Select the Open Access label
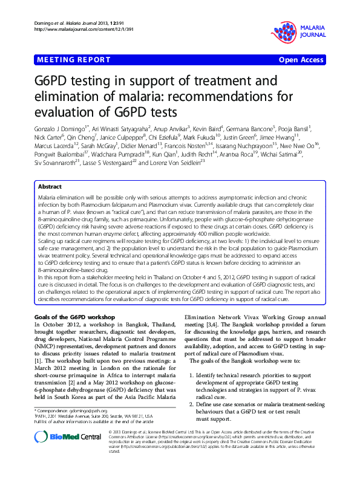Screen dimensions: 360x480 pyautogui.click(x=300, y=60)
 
